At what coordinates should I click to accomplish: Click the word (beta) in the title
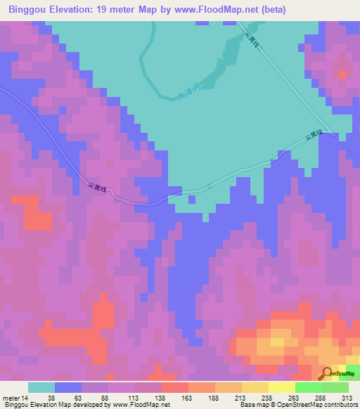[294, 10]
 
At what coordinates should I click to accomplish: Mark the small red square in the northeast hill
[342, 74]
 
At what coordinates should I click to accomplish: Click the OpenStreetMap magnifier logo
[326, 373]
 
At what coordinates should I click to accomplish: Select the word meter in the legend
[11, 397]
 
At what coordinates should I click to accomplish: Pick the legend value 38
[51, 397]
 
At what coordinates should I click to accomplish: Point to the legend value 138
[160, 397]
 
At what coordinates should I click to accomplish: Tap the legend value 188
[213, 397]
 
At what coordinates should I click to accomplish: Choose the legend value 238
[266, 397]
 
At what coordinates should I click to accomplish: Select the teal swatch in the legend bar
[41, 387]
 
